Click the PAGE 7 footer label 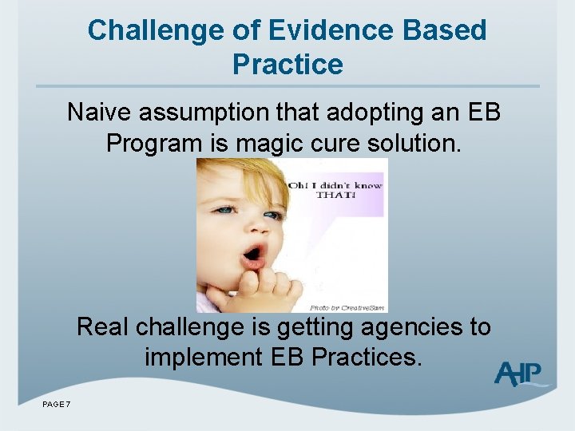[56, 405]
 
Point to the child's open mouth [253, 255]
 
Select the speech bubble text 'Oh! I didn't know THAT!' [335, 189]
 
